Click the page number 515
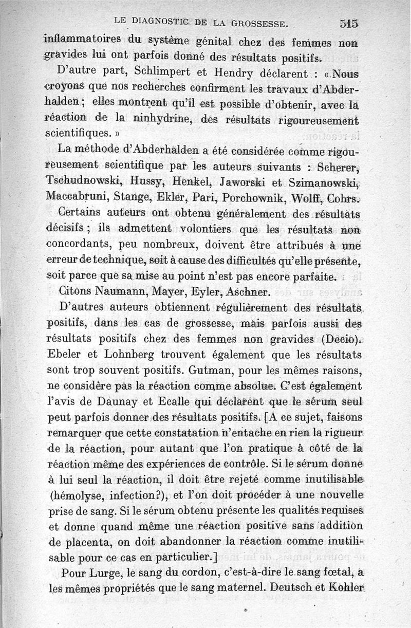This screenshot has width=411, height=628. (348, 23)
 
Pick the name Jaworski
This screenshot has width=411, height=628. (244, 181)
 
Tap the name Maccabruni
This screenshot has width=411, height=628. (77, 196)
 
